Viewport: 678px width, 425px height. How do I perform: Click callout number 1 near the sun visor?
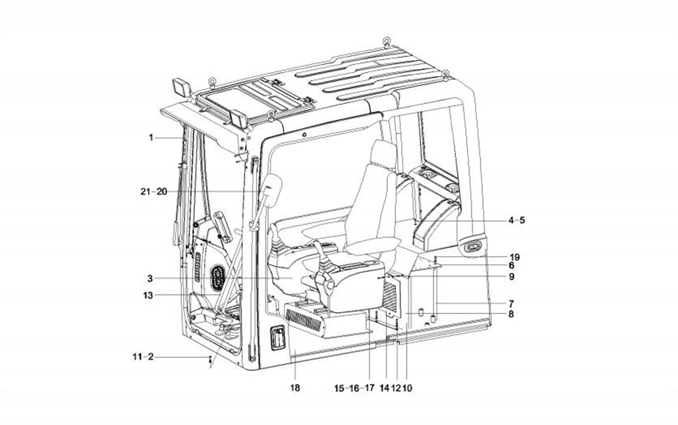pyautogui.click(x=150, y=138)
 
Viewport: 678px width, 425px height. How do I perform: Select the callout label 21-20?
pyautogui.click(x=153, y=191)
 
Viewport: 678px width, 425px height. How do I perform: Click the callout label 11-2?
pyautogui.click(x=142, y=357)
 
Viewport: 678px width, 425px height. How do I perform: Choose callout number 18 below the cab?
pyautogui.click(x=295, y=388)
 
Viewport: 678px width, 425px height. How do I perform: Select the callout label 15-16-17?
pyautogui.click(x=355, y=388)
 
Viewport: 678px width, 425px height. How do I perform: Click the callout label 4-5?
pyautogui.click(x=517, y=221)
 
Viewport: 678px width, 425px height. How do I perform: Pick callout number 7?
pyautogui.click(x=511, y=303)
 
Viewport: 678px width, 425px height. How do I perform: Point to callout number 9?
pyautogui.click(x=511, y=276)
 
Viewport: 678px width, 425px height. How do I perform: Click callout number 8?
pyautogui.click(x=511, y=314)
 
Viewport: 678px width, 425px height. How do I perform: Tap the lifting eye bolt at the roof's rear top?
pyautogui.click(x=386, y=43)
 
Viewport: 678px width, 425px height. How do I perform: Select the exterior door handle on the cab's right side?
pyautogui.click(x=473, y=247)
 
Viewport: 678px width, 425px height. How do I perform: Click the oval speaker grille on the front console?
pyautogui.click(x=217, y=280)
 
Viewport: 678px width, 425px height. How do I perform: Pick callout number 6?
pyautogui.click(x=511, y=265)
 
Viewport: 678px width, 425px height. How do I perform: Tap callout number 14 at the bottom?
pyautogui.click(x=384, y=388)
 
